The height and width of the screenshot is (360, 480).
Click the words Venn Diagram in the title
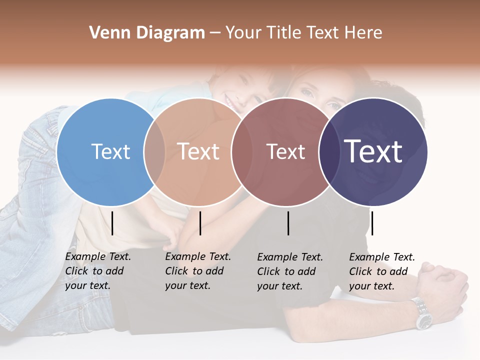coord(147,33)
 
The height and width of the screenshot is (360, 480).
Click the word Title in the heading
coord(285,33)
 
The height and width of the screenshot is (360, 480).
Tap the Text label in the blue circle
coord(110,151)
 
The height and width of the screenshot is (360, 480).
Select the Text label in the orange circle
coord(198,151)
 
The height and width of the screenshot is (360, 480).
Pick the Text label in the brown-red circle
coord(285,151)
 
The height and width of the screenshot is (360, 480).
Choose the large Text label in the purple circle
coord(373,151)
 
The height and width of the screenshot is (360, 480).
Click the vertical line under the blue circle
coord(112,223)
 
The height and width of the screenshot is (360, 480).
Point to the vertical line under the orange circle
coord(200,223)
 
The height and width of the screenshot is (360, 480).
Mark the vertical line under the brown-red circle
coord(288,223)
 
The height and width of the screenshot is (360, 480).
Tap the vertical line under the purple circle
coord(372,223)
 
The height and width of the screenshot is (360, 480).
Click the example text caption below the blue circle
coord(98,271)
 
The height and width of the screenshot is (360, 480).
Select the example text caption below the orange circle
coord(198,271)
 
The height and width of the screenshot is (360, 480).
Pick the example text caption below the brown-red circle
coord(290,271)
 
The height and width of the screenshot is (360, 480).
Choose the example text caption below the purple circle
coord(382,271)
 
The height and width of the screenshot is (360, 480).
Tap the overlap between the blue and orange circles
coord(154,151)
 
